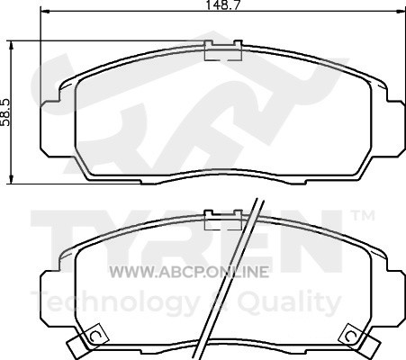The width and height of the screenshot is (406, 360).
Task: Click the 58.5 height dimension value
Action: (x=5, y=112)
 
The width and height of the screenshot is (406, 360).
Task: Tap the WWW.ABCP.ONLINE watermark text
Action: (x=189, y=272)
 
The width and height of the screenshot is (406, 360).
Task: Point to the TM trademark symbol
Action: (x=363, y=216)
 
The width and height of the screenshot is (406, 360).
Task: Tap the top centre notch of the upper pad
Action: (x=223, y=50)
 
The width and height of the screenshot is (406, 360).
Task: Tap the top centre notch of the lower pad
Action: (x=223, y=220)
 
